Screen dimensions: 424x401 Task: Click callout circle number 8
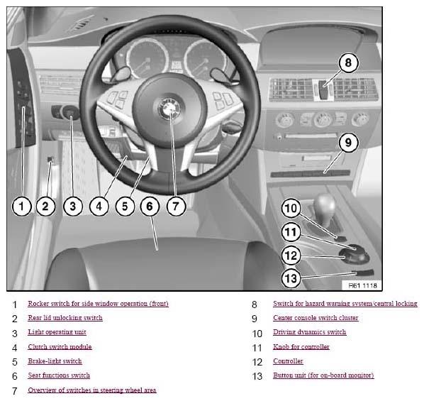click(348, 63)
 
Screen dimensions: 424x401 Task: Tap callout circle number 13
click(291, 278)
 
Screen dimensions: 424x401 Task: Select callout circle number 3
click(73, 207)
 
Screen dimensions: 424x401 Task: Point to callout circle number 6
click(150, 207)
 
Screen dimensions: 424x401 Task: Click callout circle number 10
click(291, 208)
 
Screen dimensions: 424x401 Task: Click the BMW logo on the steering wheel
click(169, 109)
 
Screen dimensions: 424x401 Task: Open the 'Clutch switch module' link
click(60, 346)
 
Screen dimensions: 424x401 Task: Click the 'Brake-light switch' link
click(55, 361)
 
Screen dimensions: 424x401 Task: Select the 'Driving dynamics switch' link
click(310, 332)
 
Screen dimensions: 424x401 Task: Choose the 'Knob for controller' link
click(301, 346)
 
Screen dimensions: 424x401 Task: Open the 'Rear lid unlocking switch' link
click(65, 317)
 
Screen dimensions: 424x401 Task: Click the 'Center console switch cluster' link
click(316, 317)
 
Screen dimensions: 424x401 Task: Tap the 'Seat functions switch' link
click(59, 375)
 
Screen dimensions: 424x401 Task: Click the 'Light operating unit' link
click(57, 332)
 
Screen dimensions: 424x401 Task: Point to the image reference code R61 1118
click(362, 285)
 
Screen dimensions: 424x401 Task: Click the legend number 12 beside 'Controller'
click(257, 362)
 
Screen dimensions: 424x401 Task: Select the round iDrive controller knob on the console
click(354, 254)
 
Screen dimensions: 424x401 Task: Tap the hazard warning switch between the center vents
click(323, 90)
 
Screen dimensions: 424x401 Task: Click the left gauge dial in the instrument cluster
click(147, 59)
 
